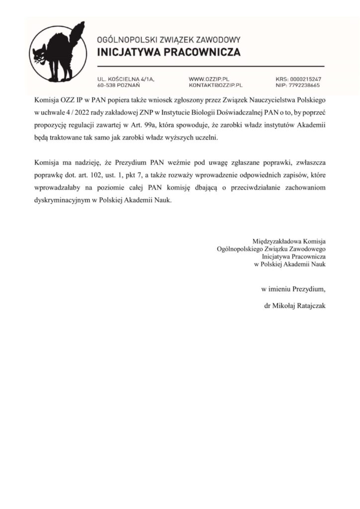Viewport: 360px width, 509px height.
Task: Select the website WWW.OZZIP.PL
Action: point(208,79)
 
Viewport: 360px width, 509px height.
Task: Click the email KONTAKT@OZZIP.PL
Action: point(215,85)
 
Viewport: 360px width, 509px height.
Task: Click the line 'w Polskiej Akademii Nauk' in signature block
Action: point(289,264)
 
